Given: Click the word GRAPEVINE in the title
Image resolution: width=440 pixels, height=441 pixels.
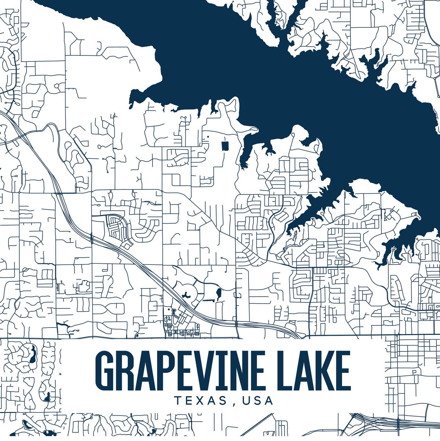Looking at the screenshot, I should click(x=177, y=371).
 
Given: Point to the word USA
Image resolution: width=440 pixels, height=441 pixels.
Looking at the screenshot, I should click(x=258, y=401).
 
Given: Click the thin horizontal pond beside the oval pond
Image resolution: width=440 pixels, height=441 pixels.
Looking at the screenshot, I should click(x=208, y=300).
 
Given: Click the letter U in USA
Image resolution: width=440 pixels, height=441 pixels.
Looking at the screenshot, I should click(x=246, y=401).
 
